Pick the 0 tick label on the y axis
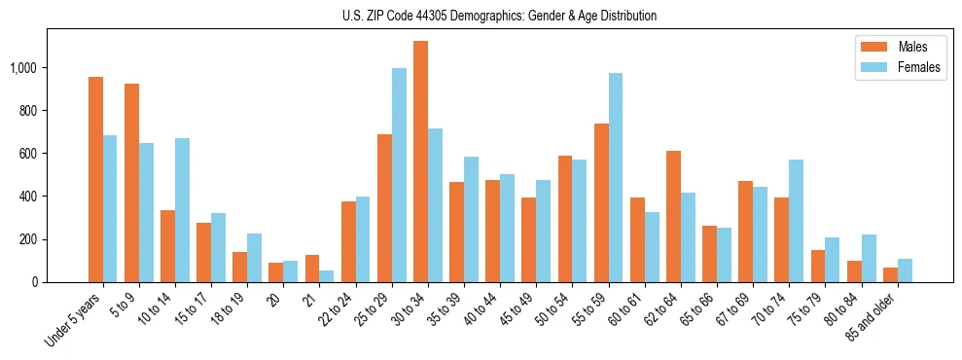tap(33, 282)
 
